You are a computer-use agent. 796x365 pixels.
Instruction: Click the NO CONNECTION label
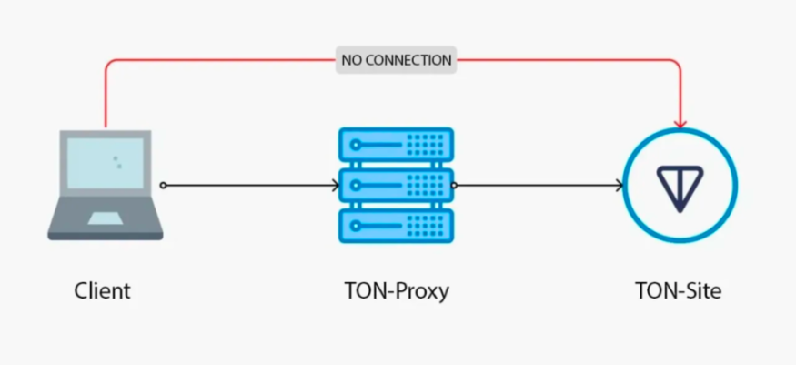click(396, 61)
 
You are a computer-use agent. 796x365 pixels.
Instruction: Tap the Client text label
click(103, 291)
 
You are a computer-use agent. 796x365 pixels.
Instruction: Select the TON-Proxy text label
click(397, 291)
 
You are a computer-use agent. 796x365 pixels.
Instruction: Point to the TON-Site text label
click(679, 291)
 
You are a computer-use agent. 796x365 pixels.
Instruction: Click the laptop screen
click(105, 164)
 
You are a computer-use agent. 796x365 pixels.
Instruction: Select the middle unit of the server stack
click(396, 185)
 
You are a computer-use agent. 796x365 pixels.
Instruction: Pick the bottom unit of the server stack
click(396, 225)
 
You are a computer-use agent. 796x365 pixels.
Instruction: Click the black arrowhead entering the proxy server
click(335, 186)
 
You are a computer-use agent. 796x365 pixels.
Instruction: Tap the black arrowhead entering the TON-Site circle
click(620, 186)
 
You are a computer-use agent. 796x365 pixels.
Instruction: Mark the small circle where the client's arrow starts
click(163, 186)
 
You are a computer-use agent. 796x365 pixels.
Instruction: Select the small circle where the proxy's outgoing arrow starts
click(454, 186)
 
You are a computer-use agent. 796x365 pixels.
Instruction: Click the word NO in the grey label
click(351, 61)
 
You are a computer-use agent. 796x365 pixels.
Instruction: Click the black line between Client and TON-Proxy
click(246, 186)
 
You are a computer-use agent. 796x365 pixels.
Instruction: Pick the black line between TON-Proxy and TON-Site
click(537, 186)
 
